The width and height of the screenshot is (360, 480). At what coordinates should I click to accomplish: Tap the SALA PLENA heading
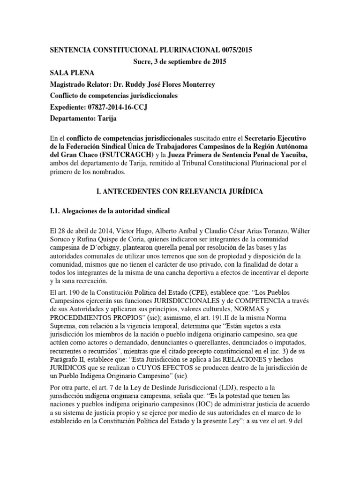(x=72, y=73)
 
